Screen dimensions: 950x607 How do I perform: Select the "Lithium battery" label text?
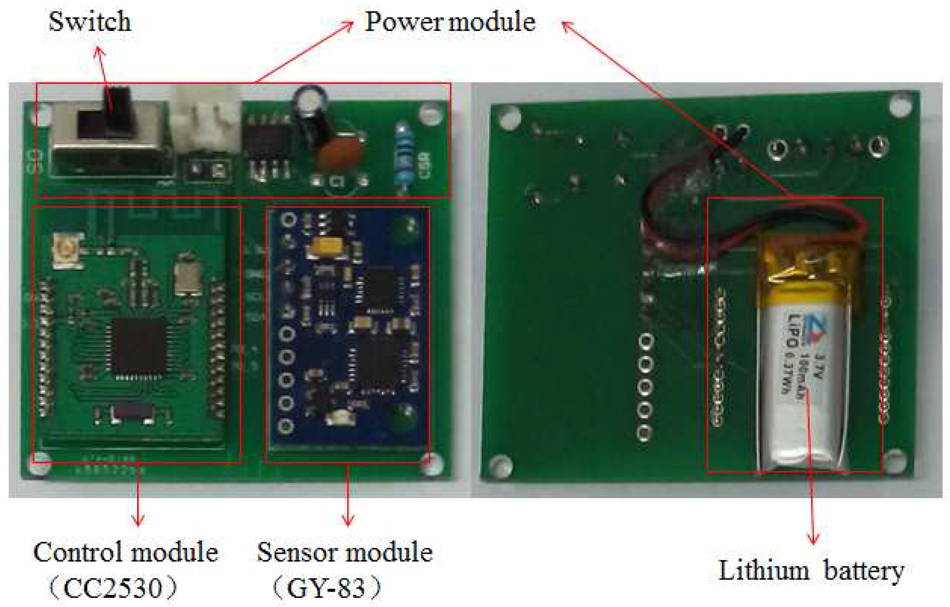coord(811,571)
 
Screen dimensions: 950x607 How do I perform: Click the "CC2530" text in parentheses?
coord(112,589)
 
